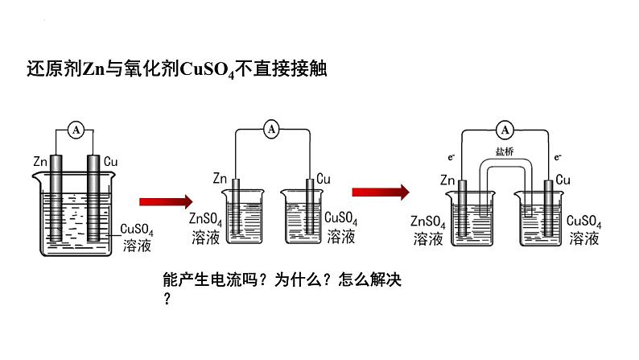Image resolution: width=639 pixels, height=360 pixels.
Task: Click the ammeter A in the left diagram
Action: tap(75, 129)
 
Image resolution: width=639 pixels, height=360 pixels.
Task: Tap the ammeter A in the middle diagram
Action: tap(271, 128)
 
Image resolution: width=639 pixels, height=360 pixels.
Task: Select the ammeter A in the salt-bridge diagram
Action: tap(505, 129)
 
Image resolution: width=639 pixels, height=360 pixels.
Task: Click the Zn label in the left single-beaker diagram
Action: tap(41, 162)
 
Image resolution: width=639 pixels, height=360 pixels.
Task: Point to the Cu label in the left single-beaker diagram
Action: tap(112, 162)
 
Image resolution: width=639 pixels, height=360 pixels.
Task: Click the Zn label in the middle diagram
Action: tap(221, 178)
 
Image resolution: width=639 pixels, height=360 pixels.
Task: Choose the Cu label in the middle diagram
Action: tap(324, 178)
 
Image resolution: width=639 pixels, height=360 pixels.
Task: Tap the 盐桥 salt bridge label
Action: tap(505, 154)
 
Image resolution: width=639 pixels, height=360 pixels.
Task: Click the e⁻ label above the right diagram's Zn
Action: tap(452, 155)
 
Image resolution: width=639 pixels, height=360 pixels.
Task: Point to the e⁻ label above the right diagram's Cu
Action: tap(558, 155)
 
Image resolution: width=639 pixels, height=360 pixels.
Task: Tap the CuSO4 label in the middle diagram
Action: tap(340, 218)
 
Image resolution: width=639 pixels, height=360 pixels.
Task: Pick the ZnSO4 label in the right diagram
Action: tap(427, 221)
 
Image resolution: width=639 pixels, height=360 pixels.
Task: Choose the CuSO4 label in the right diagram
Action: tap(583, 221)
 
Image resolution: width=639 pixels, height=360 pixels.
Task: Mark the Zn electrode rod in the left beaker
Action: tap(55, 197)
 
